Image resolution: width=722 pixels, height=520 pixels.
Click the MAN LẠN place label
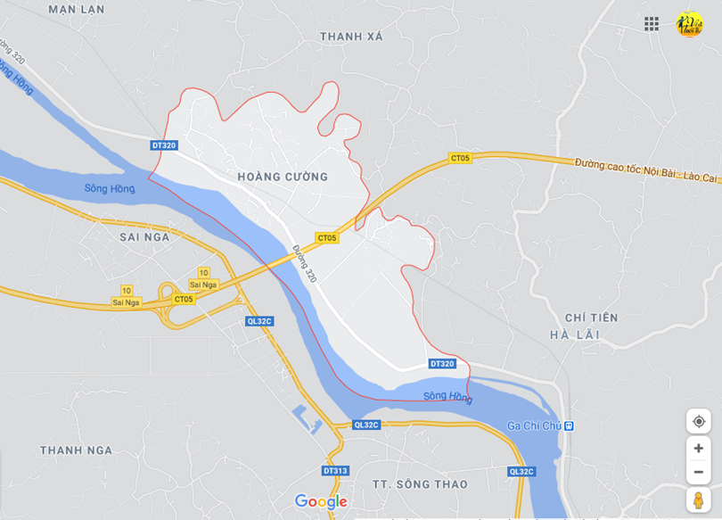76,9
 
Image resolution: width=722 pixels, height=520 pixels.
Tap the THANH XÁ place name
351,37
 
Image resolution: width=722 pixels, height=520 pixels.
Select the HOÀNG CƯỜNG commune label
283,177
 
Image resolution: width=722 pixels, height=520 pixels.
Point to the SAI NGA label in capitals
144,237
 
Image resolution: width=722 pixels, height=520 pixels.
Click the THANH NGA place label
76,450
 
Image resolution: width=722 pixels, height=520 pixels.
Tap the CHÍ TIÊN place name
591,318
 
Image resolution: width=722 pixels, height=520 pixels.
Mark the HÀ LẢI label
575,334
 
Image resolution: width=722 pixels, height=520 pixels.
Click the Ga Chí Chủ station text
534,426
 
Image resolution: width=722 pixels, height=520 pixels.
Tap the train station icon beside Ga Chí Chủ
569,426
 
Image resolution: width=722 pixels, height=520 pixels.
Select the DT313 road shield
335,470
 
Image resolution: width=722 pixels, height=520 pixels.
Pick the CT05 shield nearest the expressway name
459,158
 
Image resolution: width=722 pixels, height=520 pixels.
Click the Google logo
320,501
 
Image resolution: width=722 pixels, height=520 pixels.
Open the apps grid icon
652,24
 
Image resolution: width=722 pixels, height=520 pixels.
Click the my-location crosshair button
698,421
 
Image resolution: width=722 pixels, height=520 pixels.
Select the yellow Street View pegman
698,499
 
